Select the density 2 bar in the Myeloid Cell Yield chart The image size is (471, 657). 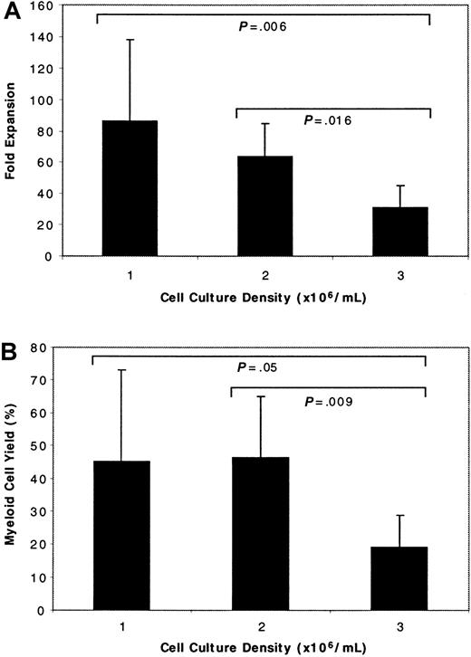coord(262,534)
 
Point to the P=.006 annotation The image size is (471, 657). coord(263,28)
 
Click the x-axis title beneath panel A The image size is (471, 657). coord(263,298)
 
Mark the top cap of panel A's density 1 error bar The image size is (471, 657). coord(130,40)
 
